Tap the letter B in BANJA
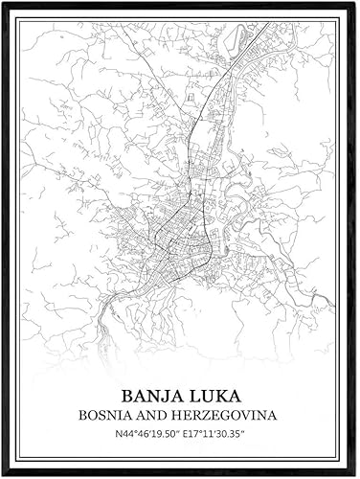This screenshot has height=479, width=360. [x=127, y=396]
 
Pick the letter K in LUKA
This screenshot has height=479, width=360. [x=219, y=396]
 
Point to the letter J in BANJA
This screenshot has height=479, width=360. [x=166, y=396]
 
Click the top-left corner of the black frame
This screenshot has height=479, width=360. [x=3, y=3]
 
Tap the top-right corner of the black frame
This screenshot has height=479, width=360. [x=355, y=3]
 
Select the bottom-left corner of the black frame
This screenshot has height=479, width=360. [x=3, y=474]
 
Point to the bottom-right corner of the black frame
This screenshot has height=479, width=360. [x=355, y=474]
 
